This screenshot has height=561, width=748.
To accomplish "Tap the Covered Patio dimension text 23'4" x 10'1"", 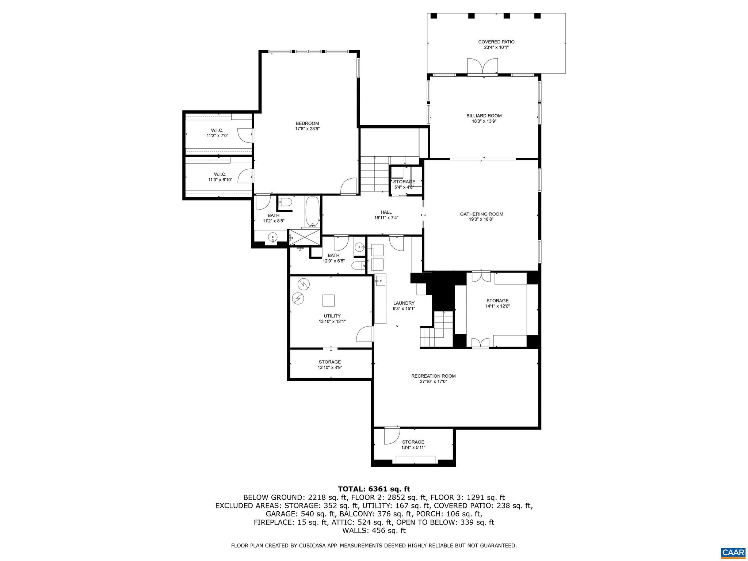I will click(496, 47).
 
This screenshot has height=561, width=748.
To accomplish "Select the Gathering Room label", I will click(481, 214).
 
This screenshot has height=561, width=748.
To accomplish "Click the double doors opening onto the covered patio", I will click(482, 67).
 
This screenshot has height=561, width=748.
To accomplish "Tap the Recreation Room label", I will click(433, 376).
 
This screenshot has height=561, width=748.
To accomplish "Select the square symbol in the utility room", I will click(328, 300).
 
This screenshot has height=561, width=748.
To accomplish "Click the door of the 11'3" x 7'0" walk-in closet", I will click(245, 135).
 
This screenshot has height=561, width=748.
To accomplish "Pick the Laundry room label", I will click(404, 303).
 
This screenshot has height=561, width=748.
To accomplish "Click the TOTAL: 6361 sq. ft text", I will click(374, 489).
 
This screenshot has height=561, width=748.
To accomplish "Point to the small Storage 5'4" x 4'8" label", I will click(404, 182).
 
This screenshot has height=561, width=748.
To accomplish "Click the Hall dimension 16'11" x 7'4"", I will click(386, 218).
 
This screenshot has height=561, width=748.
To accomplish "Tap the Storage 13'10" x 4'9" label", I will click(329, 362).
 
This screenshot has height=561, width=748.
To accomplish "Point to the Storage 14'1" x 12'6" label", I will click(497, 301).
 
